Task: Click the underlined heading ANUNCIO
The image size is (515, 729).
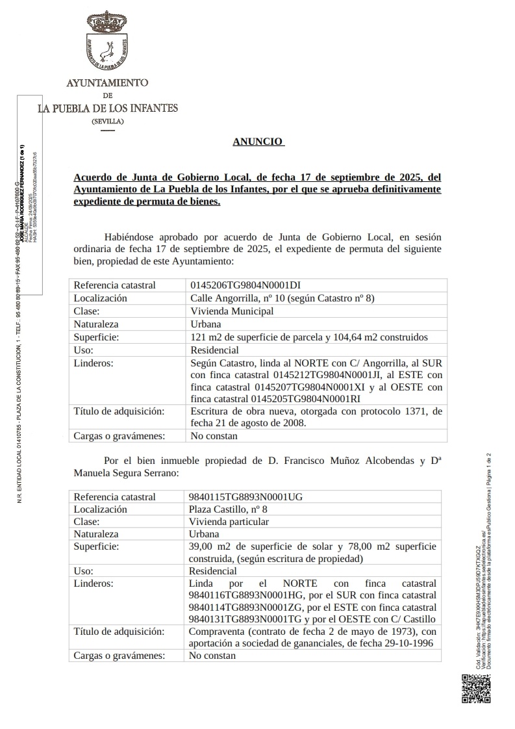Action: click(257, 141)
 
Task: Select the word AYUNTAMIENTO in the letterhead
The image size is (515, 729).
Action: click(108, 83)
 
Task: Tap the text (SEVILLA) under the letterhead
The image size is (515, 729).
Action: click(108, 122)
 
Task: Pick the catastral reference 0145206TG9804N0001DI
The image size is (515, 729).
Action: click(245, 285)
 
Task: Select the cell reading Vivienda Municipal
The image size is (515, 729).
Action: click(232, 311)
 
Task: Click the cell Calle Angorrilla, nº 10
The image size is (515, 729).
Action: click(247, 298)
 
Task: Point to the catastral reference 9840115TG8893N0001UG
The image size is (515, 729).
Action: click(245, 497)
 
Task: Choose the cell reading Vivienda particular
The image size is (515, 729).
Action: click(229, 522)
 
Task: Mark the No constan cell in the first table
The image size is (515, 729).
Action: click(214, 436)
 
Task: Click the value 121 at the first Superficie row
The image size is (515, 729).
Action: click(197, 337)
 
